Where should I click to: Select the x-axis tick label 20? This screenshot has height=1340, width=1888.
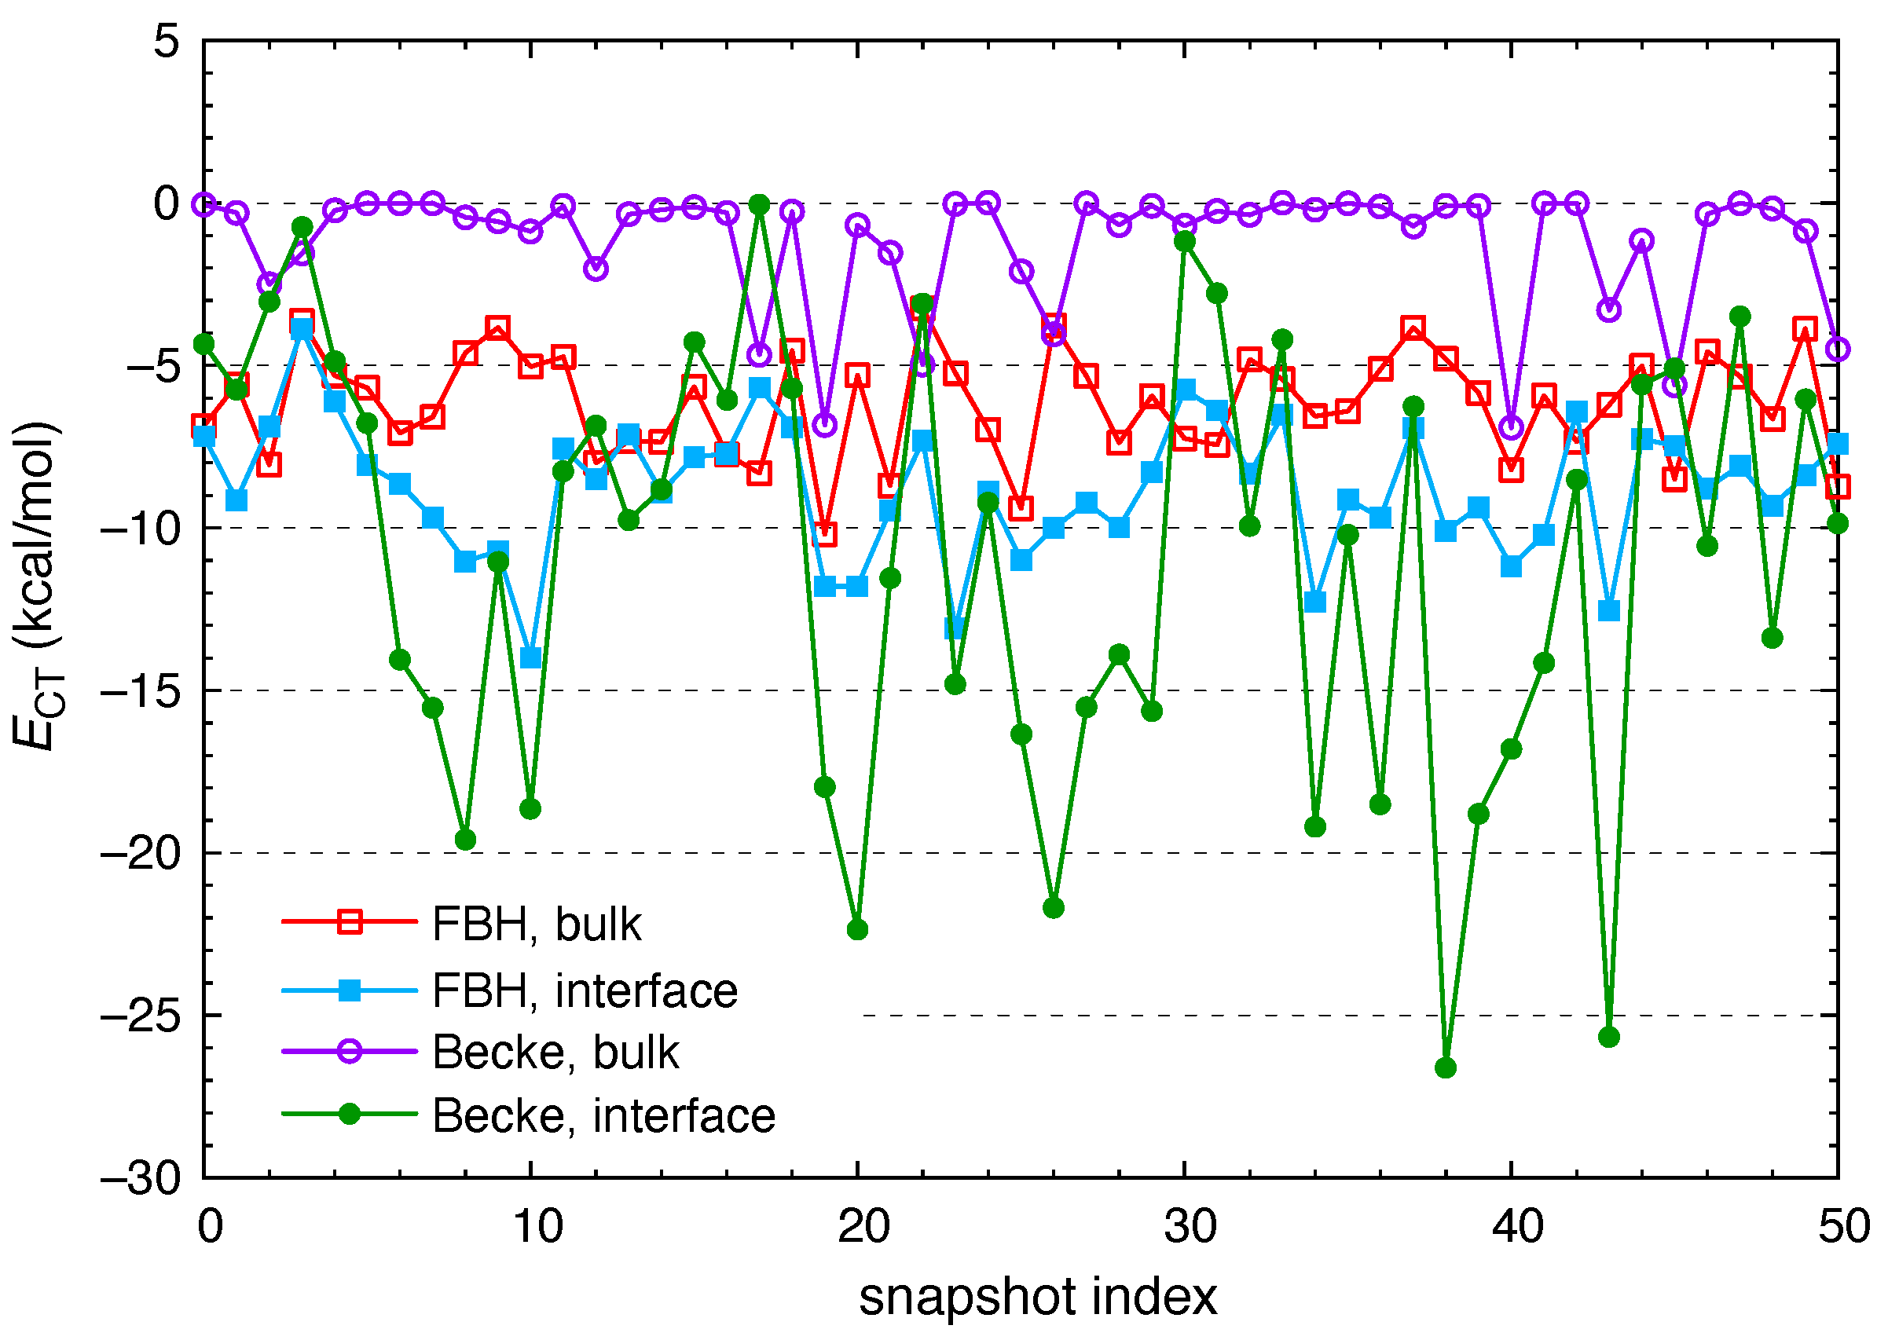863,1226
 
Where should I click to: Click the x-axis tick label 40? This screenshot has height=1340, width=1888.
1516,1226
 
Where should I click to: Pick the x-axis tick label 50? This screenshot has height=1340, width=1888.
1843,1226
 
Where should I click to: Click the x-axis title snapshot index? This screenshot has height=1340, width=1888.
1037,1297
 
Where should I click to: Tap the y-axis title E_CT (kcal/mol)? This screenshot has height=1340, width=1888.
37,586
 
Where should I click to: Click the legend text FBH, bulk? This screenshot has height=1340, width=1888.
537,924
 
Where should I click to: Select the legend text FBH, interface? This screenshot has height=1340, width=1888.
585,991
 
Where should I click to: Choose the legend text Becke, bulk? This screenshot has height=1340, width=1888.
555,1053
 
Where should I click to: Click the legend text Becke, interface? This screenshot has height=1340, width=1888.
603,1116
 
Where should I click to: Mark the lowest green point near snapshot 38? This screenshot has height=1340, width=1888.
1446,1067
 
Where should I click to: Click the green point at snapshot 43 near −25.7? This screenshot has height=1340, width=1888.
1609,1037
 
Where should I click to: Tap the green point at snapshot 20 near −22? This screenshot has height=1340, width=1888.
857,930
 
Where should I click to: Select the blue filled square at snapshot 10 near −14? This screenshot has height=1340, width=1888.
530,657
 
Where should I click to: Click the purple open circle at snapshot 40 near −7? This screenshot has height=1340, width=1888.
1511,427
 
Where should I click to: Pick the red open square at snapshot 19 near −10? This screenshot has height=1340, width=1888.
824,534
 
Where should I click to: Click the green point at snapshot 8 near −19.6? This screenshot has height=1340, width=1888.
465,840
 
